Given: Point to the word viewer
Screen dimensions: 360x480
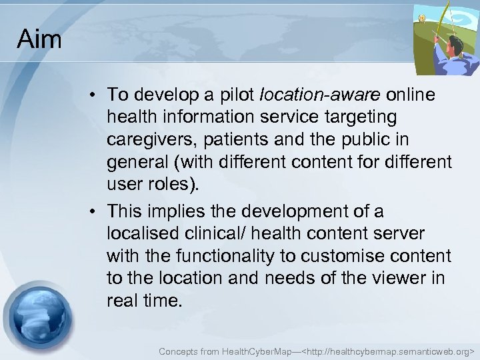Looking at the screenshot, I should pos(399,278).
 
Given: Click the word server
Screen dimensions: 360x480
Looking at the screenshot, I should pos(400,233).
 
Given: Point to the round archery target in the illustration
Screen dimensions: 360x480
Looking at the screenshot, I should pos(421,19).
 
